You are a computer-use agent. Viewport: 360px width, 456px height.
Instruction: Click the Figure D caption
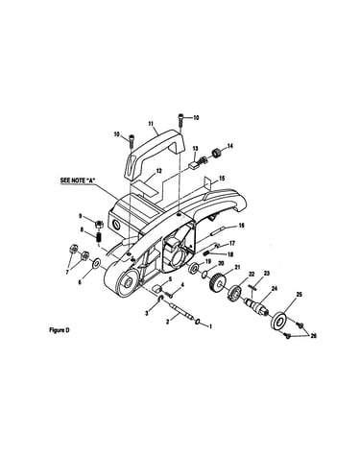coord(60,330)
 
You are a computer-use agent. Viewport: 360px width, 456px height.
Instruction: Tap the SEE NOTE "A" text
coord(78,180)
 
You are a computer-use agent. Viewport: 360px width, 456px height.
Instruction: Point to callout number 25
coord(299,294)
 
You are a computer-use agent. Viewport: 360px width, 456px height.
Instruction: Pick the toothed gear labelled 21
coord(217,281)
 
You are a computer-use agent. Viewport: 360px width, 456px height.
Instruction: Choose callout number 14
coord(229,146)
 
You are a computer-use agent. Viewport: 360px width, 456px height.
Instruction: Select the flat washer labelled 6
coord(96,264)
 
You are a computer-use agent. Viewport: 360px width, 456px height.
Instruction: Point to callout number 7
coord(67,272)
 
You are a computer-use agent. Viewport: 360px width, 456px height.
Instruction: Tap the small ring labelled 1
coord(199,321)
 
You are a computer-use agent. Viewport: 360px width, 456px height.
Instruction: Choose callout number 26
coord(313,336)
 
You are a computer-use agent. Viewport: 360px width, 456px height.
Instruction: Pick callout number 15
coord(222,179)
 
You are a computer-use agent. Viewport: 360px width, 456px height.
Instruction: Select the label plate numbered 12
coord(145,186)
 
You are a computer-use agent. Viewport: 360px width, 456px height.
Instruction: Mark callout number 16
coord(241,226)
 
